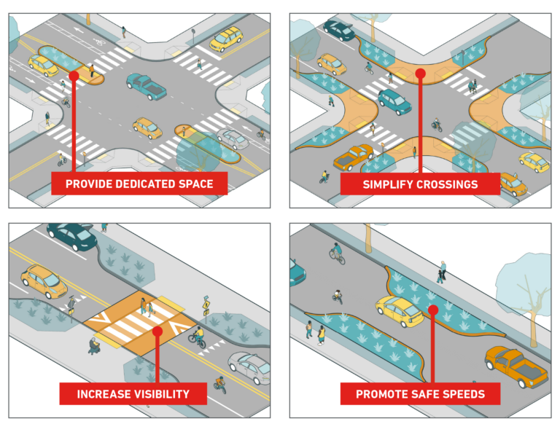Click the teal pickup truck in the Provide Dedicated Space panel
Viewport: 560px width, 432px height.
coord(147,86)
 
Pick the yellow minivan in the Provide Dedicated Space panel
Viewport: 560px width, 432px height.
coord(227,38)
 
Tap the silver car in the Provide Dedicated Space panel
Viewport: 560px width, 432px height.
coord(233,138)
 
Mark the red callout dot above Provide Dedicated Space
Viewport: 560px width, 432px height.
coord(73,75)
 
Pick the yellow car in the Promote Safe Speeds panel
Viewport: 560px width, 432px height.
coord(400,312)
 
